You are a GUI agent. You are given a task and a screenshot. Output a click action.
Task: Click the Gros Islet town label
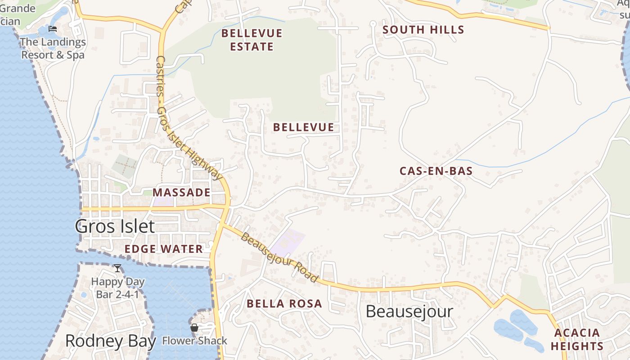115,226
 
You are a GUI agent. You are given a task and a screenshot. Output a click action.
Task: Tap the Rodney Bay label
110,341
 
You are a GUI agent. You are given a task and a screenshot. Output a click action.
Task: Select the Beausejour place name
409,311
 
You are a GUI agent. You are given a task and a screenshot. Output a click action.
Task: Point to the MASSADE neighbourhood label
181,193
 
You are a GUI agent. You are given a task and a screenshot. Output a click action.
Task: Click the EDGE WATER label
164,249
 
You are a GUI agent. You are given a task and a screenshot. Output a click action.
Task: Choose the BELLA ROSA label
284,304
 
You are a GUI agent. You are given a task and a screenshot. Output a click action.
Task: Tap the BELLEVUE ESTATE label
252,40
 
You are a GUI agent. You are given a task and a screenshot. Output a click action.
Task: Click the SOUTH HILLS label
423,30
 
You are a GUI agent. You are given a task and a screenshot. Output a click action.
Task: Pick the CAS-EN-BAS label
436,171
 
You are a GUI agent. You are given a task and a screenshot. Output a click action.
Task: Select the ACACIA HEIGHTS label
577,339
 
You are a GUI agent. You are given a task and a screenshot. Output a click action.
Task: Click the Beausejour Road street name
279,257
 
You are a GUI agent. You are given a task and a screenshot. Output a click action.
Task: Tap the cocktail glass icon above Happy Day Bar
117,268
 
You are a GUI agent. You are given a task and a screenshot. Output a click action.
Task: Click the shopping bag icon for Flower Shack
194,328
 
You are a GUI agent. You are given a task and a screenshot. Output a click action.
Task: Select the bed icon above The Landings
53,29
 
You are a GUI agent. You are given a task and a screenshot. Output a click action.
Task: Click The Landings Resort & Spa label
53,49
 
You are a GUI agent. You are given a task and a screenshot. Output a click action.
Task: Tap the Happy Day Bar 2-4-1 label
118,288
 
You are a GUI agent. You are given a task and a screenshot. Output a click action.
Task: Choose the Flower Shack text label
195,341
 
